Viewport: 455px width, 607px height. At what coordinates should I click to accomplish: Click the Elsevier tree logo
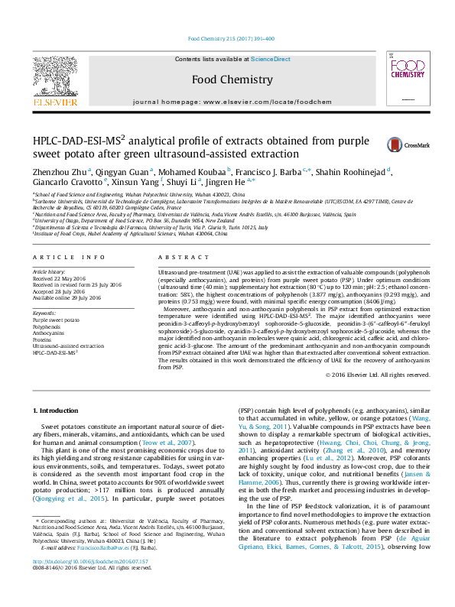[54, 76]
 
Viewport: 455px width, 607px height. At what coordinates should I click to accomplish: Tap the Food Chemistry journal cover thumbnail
[406, 80]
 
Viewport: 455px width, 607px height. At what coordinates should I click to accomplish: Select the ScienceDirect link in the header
[271, 59]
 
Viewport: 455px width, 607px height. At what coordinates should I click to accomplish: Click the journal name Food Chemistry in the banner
[231, 80]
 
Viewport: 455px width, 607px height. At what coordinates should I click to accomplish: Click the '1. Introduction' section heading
[58, 411]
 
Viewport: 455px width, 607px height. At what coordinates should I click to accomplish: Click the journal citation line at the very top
[231, 39]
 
